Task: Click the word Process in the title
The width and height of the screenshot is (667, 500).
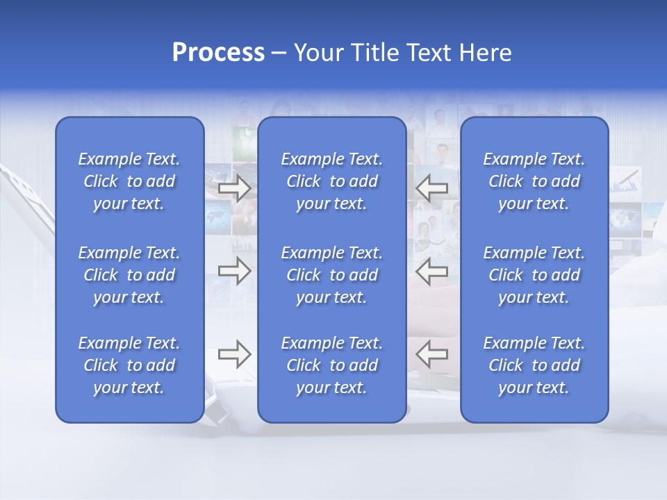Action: (x=218, y=53)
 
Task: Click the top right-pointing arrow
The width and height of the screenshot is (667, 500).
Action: (x=235, y=187)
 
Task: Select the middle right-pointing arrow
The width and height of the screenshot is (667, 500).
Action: (x=235, y=271)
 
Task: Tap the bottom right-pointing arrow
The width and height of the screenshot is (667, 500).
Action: (x=235, y=354)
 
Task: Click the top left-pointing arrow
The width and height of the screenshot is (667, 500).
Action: (x=432, y=187)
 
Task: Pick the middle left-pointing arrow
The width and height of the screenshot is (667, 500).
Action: (x=432, y=271)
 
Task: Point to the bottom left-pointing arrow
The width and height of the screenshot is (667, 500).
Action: (x=432, y=354)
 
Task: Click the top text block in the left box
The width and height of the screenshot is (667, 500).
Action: (x=129, y=181)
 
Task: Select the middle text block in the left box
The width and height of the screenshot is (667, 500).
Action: (x=129, y=275)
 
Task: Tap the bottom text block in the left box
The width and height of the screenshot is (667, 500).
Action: (x=129, y=365)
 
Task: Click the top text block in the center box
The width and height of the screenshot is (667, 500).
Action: (x=331, y=181)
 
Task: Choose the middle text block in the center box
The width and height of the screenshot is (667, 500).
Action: (x=331, y=275)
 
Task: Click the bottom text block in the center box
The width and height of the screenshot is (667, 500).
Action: (x=331, y=365)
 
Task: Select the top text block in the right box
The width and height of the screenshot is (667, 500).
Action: (x=534, y=181)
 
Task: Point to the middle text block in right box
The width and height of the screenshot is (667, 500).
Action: (x=534, y=275)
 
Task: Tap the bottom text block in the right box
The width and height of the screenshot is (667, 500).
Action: (x=534, y=365)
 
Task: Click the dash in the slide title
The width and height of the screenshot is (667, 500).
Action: (x=279, y=53)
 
